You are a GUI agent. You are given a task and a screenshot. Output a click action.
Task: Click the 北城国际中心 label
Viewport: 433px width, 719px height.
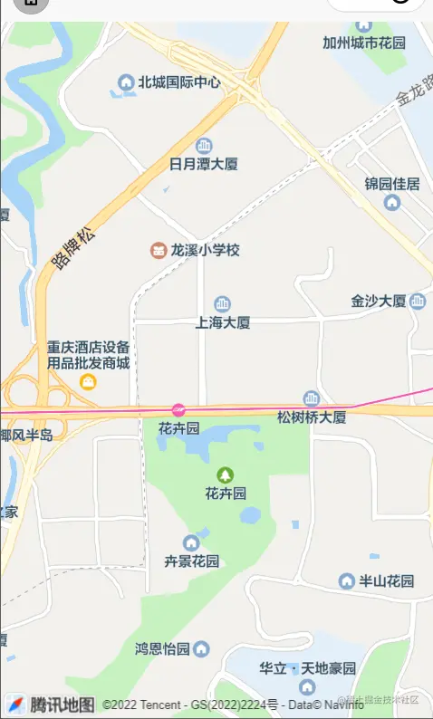pos(179,82)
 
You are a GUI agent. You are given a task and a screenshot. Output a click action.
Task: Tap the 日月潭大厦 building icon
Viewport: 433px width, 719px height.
pos(204,146)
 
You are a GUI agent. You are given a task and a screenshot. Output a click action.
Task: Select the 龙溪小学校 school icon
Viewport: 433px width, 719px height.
pos(159,250)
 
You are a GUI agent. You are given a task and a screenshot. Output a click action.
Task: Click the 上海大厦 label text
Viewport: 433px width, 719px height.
pos(223,321)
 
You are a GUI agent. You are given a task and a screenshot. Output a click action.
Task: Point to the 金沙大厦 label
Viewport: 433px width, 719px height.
pos(379,301)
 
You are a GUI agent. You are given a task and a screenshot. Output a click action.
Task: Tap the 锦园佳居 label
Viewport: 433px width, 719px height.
pos(392,184)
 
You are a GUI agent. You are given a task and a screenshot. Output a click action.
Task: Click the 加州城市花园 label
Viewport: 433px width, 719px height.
pos(364,43)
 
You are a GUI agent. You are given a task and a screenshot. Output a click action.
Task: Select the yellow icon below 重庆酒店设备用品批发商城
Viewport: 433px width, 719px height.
pos(89,382)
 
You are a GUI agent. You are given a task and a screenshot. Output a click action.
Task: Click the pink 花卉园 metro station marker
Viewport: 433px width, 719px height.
pos(178,410)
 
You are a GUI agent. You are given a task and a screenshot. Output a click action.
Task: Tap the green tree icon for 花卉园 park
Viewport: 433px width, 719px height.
pos(226,475)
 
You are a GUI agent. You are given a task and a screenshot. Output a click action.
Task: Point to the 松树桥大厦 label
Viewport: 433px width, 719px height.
pos(312,417)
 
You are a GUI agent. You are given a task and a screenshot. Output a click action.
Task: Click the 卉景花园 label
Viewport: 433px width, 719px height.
pos(191,561)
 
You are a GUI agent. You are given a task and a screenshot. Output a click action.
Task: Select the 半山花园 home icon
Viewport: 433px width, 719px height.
pos(346,580)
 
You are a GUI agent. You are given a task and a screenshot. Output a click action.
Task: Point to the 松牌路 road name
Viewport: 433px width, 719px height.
pos(72,249)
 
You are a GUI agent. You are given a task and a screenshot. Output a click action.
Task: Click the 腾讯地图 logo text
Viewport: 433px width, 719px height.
pos(62,705)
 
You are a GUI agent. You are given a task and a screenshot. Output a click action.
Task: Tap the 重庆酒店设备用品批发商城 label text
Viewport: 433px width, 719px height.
pos(89,355)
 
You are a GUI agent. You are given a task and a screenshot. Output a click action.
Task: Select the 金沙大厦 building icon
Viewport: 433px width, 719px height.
pos(418,301)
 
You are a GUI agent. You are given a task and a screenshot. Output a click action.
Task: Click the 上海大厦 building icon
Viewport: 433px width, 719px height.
pos(222,304)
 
